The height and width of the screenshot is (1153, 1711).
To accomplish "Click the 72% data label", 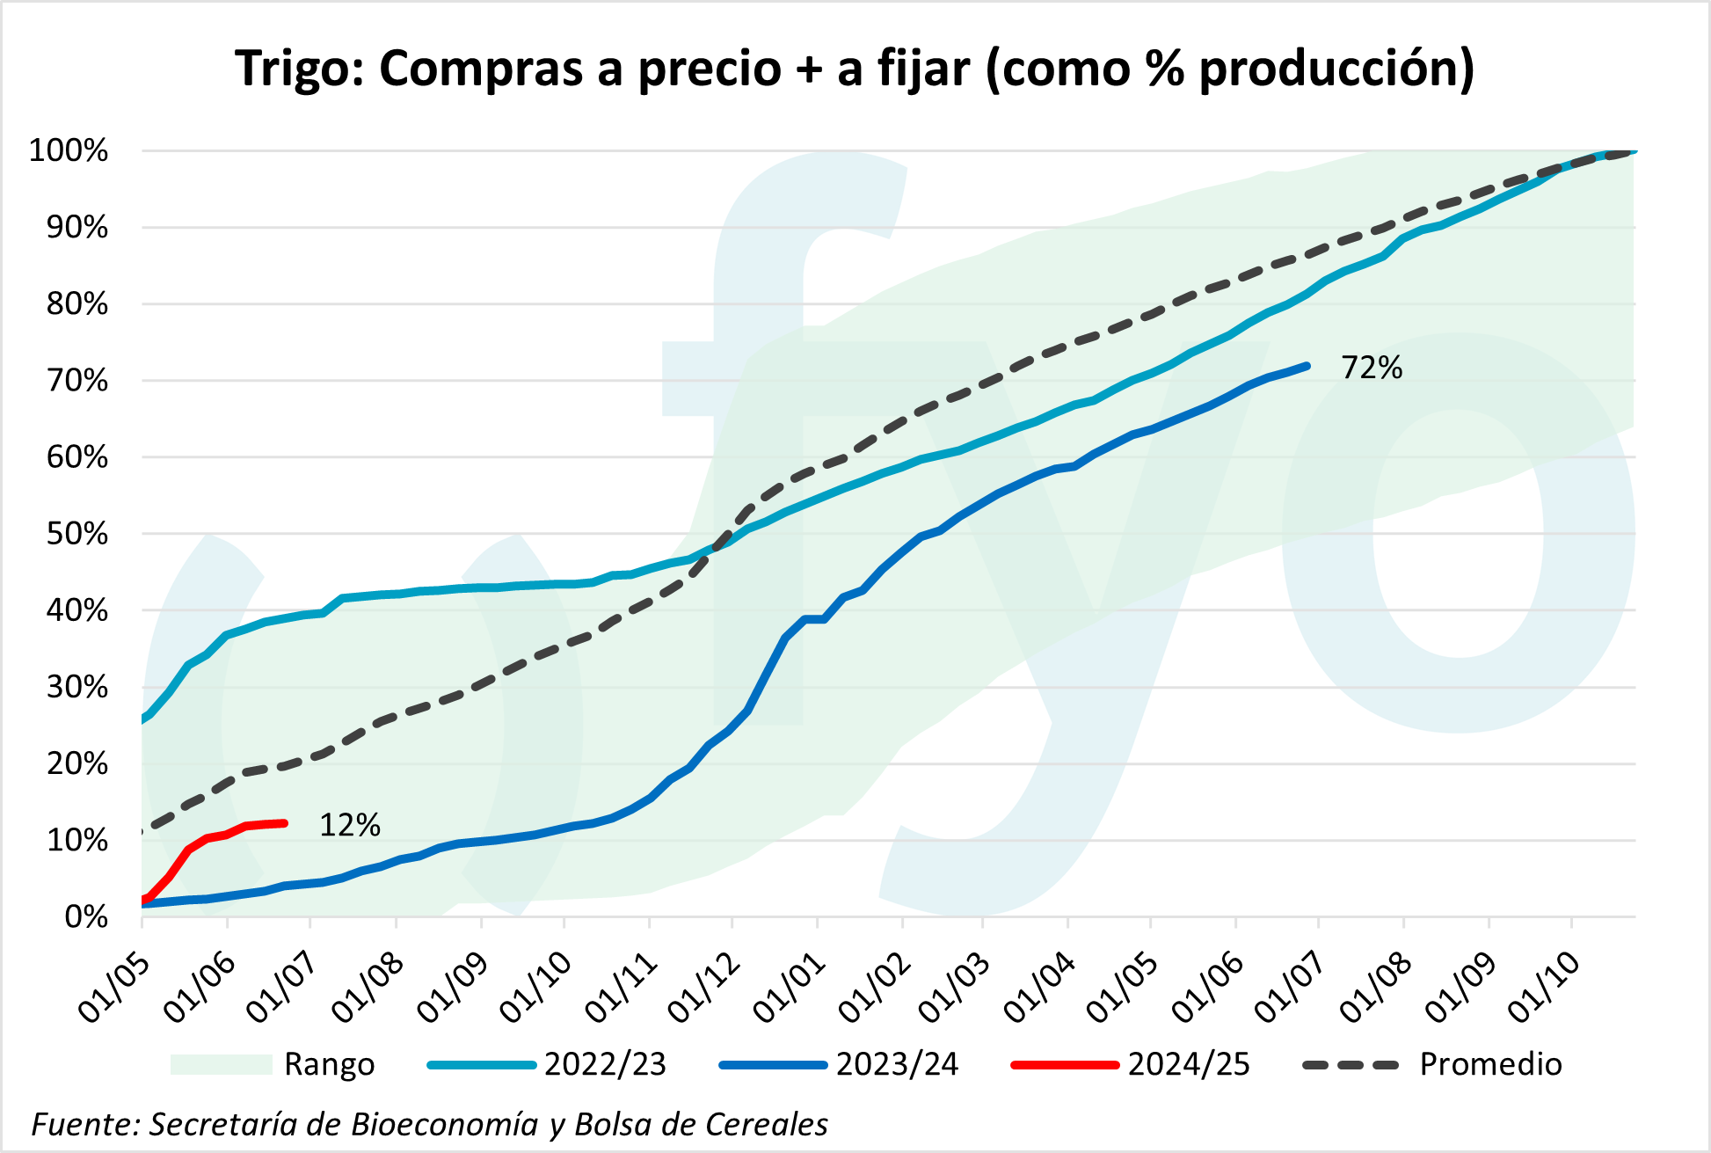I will (x=1371, y=368).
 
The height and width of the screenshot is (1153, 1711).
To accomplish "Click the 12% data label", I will (x=349, y=825).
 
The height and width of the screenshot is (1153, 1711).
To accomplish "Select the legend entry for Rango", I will (x=273, y=1064).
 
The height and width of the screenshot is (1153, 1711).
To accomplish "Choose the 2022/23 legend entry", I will (x=547, y=1064).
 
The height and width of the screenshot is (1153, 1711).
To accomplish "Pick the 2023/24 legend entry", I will (x=839, y=1064).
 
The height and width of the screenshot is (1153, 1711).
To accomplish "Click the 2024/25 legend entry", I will (x=1131, y=1064).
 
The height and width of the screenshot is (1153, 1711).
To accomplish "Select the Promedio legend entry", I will (x=1433, y=1064).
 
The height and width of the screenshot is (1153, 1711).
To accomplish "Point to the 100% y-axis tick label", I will (x=69, y=150).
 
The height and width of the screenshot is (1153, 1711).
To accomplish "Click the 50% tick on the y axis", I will (x=76, y=534).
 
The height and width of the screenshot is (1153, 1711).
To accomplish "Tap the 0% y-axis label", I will (x=86, y=917).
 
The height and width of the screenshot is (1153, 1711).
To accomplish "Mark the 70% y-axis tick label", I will (x=76, y=381).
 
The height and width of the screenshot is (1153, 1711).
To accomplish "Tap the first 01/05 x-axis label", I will (x=114, y=989).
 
